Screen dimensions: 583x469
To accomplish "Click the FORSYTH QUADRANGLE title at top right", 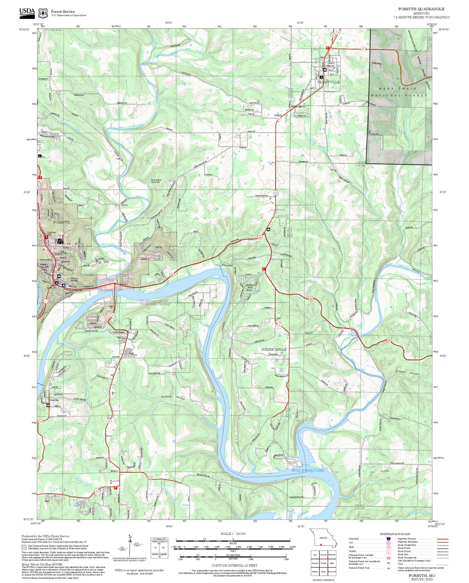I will pos(421,9).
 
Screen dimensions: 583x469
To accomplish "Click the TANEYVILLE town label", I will pos(328,82).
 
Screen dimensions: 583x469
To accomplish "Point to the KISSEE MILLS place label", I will pos(274,349).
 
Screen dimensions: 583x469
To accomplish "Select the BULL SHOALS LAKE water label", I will pos(308,470).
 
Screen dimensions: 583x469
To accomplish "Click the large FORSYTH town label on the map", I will pos(61,222).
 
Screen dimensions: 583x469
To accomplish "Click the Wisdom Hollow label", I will pos(173,398).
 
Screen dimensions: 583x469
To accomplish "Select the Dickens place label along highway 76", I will pos(278,115).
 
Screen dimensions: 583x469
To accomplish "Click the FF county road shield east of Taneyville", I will pos(363,49).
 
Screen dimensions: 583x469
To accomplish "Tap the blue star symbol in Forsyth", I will pos(64,285).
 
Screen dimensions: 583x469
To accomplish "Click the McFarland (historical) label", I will pos(156,181).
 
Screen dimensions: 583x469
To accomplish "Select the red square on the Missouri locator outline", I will pos(321,545).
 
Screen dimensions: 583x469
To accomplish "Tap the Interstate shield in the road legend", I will pos(388,538).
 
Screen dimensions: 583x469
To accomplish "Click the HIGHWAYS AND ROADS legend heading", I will pos(395,534).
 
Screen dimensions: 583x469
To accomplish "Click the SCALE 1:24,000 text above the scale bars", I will pos(233,534).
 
